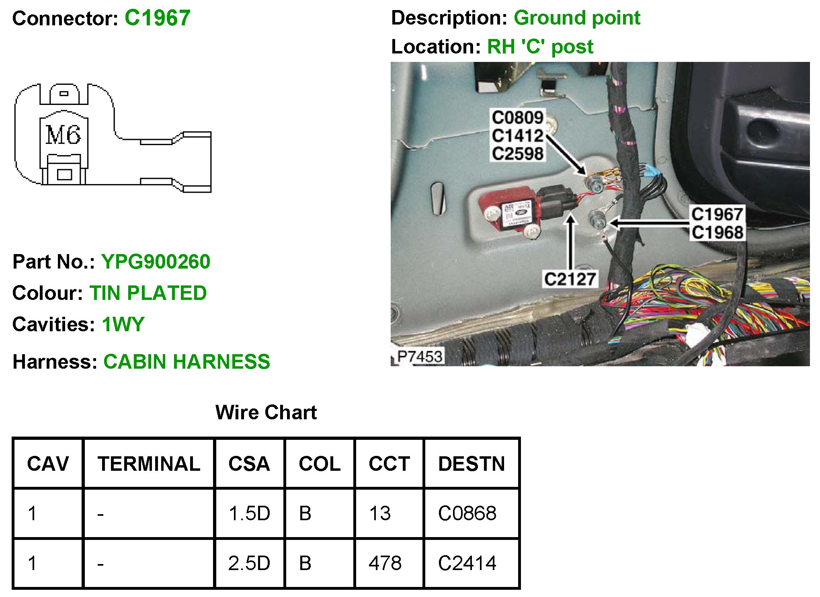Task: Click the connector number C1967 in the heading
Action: (x=157, y=18)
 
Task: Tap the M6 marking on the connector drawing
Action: (x=63, y=135)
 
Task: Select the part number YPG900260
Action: (x=156, y=262)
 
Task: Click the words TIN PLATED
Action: (x=148, y=293)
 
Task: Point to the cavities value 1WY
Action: (x=123, y=324)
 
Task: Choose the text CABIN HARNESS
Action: (x=187, y=362)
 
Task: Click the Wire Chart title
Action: (x=266, y=412)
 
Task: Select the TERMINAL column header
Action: (x=149, y=464)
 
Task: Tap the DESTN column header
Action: (x=471, y=464)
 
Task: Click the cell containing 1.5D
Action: (x=249, y=513)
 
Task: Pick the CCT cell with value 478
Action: (x=385, y=563)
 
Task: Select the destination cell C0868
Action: (x=467, y=513)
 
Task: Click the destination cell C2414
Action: (x=467, y=563)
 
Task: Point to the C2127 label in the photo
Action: (x=570, y=279)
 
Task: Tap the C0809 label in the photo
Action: (x=518, y=118)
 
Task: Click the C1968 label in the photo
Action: (x=717, y=232)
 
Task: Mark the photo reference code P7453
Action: (x=419, y=357)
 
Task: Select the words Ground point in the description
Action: (x=577, y=18)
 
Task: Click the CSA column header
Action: (x=249, y=464)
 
